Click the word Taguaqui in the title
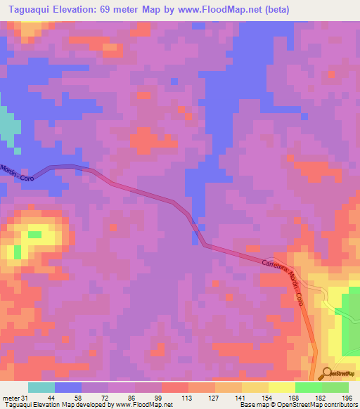coord(29,9)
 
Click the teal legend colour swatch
coord(41,387)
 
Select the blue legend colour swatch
coord(68,387)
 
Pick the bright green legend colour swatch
coord(309,387)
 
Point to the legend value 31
coord(25,398)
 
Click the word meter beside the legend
coord(11,398)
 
